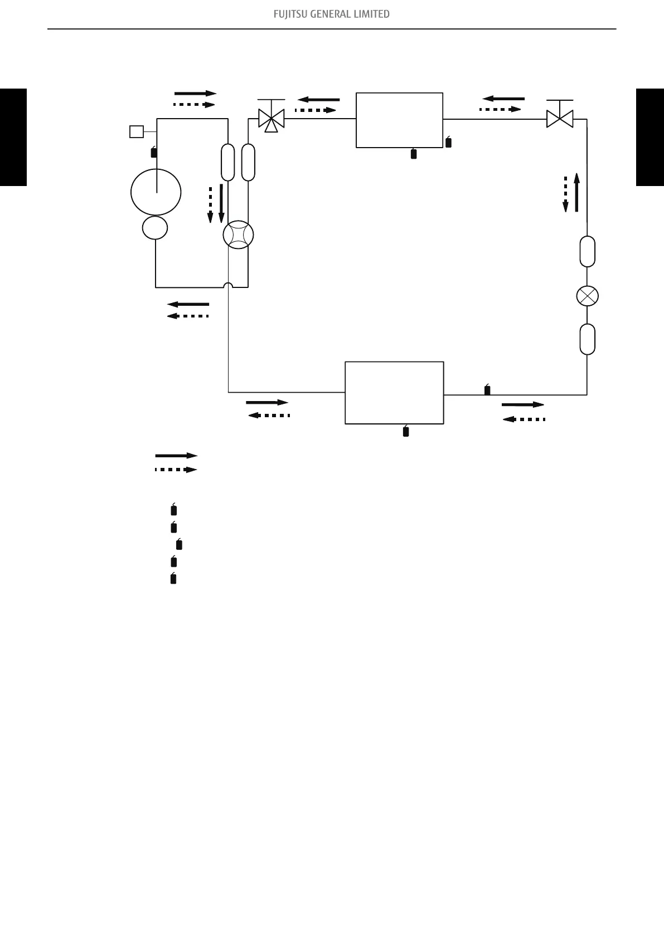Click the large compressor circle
click(156, 192)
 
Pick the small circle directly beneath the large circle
click(155, 228)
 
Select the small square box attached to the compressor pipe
click(136, 131)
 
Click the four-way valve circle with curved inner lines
click(238, 235)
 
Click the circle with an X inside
click(587, 296)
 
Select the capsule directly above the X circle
click(587, 252)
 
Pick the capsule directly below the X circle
click(587, 339)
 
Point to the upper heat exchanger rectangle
click(399, 120)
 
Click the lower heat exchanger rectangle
click(394, 393)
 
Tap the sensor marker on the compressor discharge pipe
click(154, 152)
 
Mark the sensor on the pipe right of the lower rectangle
click(487, 390)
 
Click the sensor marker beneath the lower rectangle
click(406, 431)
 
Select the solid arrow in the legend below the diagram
click(176, 456)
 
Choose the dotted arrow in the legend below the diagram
click(176, 470)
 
